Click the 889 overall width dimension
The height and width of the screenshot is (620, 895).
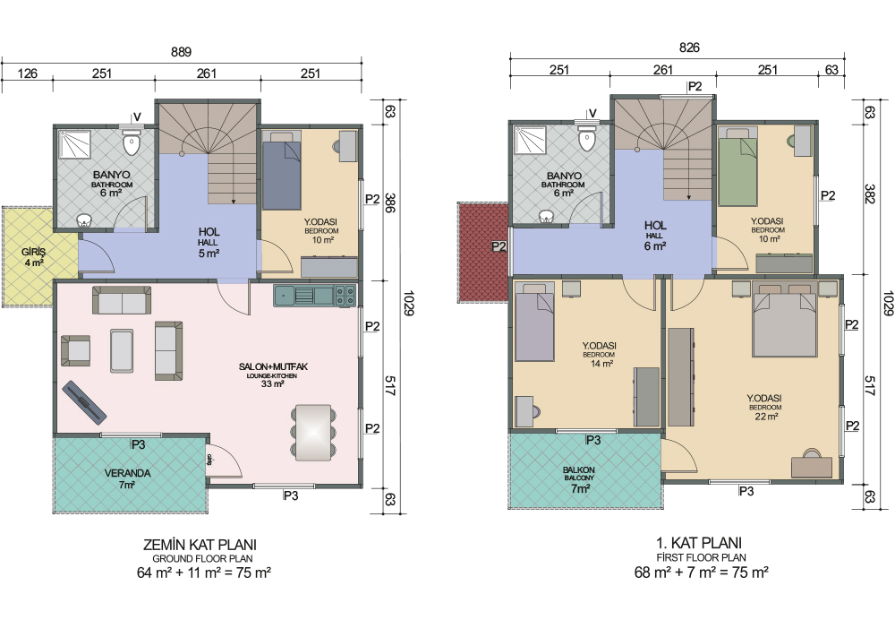(182, 52)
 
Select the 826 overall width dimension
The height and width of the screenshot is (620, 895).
(689, 47)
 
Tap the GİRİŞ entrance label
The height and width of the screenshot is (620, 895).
(34, 252)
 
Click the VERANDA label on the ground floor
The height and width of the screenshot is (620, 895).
(127, 473)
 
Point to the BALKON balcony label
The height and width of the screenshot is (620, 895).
(579, 469)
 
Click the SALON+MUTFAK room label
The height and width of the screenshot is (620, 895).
(273, 366)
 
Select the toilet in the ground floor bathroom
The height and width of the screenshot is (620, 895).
(132, 142)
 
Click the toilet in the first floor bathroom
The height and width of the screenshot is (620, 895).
(587, 138)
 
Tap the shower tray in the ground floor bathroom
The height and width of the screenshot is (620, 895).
(75, 143)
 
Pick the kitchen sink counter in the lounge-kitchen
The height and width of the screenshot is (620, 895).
(314, 296)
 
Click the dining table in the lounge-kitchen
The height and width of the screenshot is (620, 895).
(312, 432)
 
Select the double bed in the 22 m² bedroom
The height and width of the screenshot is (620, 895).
(785, 318)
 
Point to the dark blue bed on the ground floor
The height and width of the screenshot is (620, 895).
(281, 171)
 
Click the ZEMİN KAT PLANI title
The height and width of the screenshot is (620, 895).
(200, 544)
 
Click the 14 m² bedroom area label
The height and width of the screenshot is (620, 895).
(601, 364)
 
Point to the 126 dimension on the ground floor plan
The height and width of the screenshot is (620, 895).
(28, 73)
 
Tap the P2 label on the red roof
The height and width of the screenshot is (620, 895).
(499, 246)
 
